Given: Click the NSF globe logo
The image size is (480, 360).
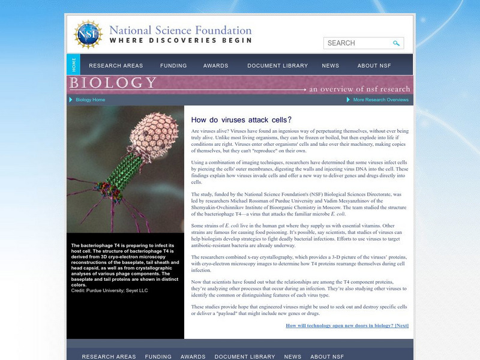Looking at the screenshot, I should [88, 34].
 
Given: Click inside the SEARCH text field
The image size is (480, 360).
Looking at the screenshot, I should [357, 43].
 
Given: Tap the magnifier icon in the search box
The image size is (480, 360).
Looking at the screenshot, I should [396, 43].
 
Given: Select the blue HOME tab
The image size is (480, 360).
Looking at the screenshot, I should [74, 65].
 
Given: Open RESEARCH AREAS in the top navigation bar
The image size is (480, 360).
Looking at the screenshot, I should [116, 66].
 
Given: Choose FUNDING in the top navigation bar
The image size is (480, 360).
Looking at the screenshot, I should [173, 66].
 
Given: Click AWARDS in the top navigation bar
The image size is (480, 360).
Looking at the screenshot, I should [215, 66].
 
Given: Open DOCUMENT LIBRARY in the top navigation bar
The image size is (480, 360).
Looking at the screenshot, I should [277, 66].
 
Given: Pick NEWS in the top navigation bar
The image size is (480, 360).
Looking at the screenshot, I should [331, 66].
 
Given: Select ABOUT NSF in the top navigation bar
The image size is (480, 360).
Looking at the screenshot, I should [374, 66].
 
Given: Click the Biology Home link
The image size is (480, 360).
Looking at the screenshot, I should [90, 100].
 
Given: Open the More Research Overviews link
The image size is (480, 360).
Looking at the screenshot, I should [380, 100].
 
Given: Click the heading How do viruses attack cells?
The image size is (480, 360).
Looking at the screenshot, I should [241, 120].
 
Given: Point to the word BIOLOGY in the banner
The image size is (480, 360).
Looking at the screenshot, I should [113, 83].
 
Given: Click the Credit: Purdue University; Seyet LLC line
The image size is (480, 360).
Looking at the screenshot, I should [109, 290].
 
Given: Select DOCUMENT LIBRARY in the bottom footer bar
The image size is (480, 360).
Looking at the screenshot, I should [244, 356].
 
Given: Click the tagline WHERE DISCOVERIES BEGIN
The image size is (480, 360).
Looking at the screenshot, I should [181, 41].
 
